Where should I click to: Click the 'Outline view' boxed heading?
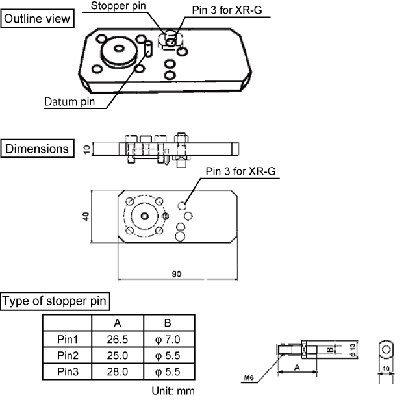[x=37, y=19]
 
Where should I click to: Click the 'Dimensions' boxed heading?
[x=37, y=149]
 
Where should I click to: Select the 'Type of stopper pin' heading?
[x=55, y=301]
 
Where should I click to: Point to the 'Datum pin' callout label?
[x=71, y=101]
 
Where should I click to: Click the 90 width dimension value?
[x=177, y=275]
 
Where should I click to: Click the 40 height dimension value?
[x=85, y=216]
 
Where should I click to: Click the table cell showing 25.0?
[x=118, y=356]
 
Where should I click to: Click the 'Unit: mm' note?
[x=172, y=391]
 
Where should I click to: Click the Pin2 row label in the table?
[x=67, y=356]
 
